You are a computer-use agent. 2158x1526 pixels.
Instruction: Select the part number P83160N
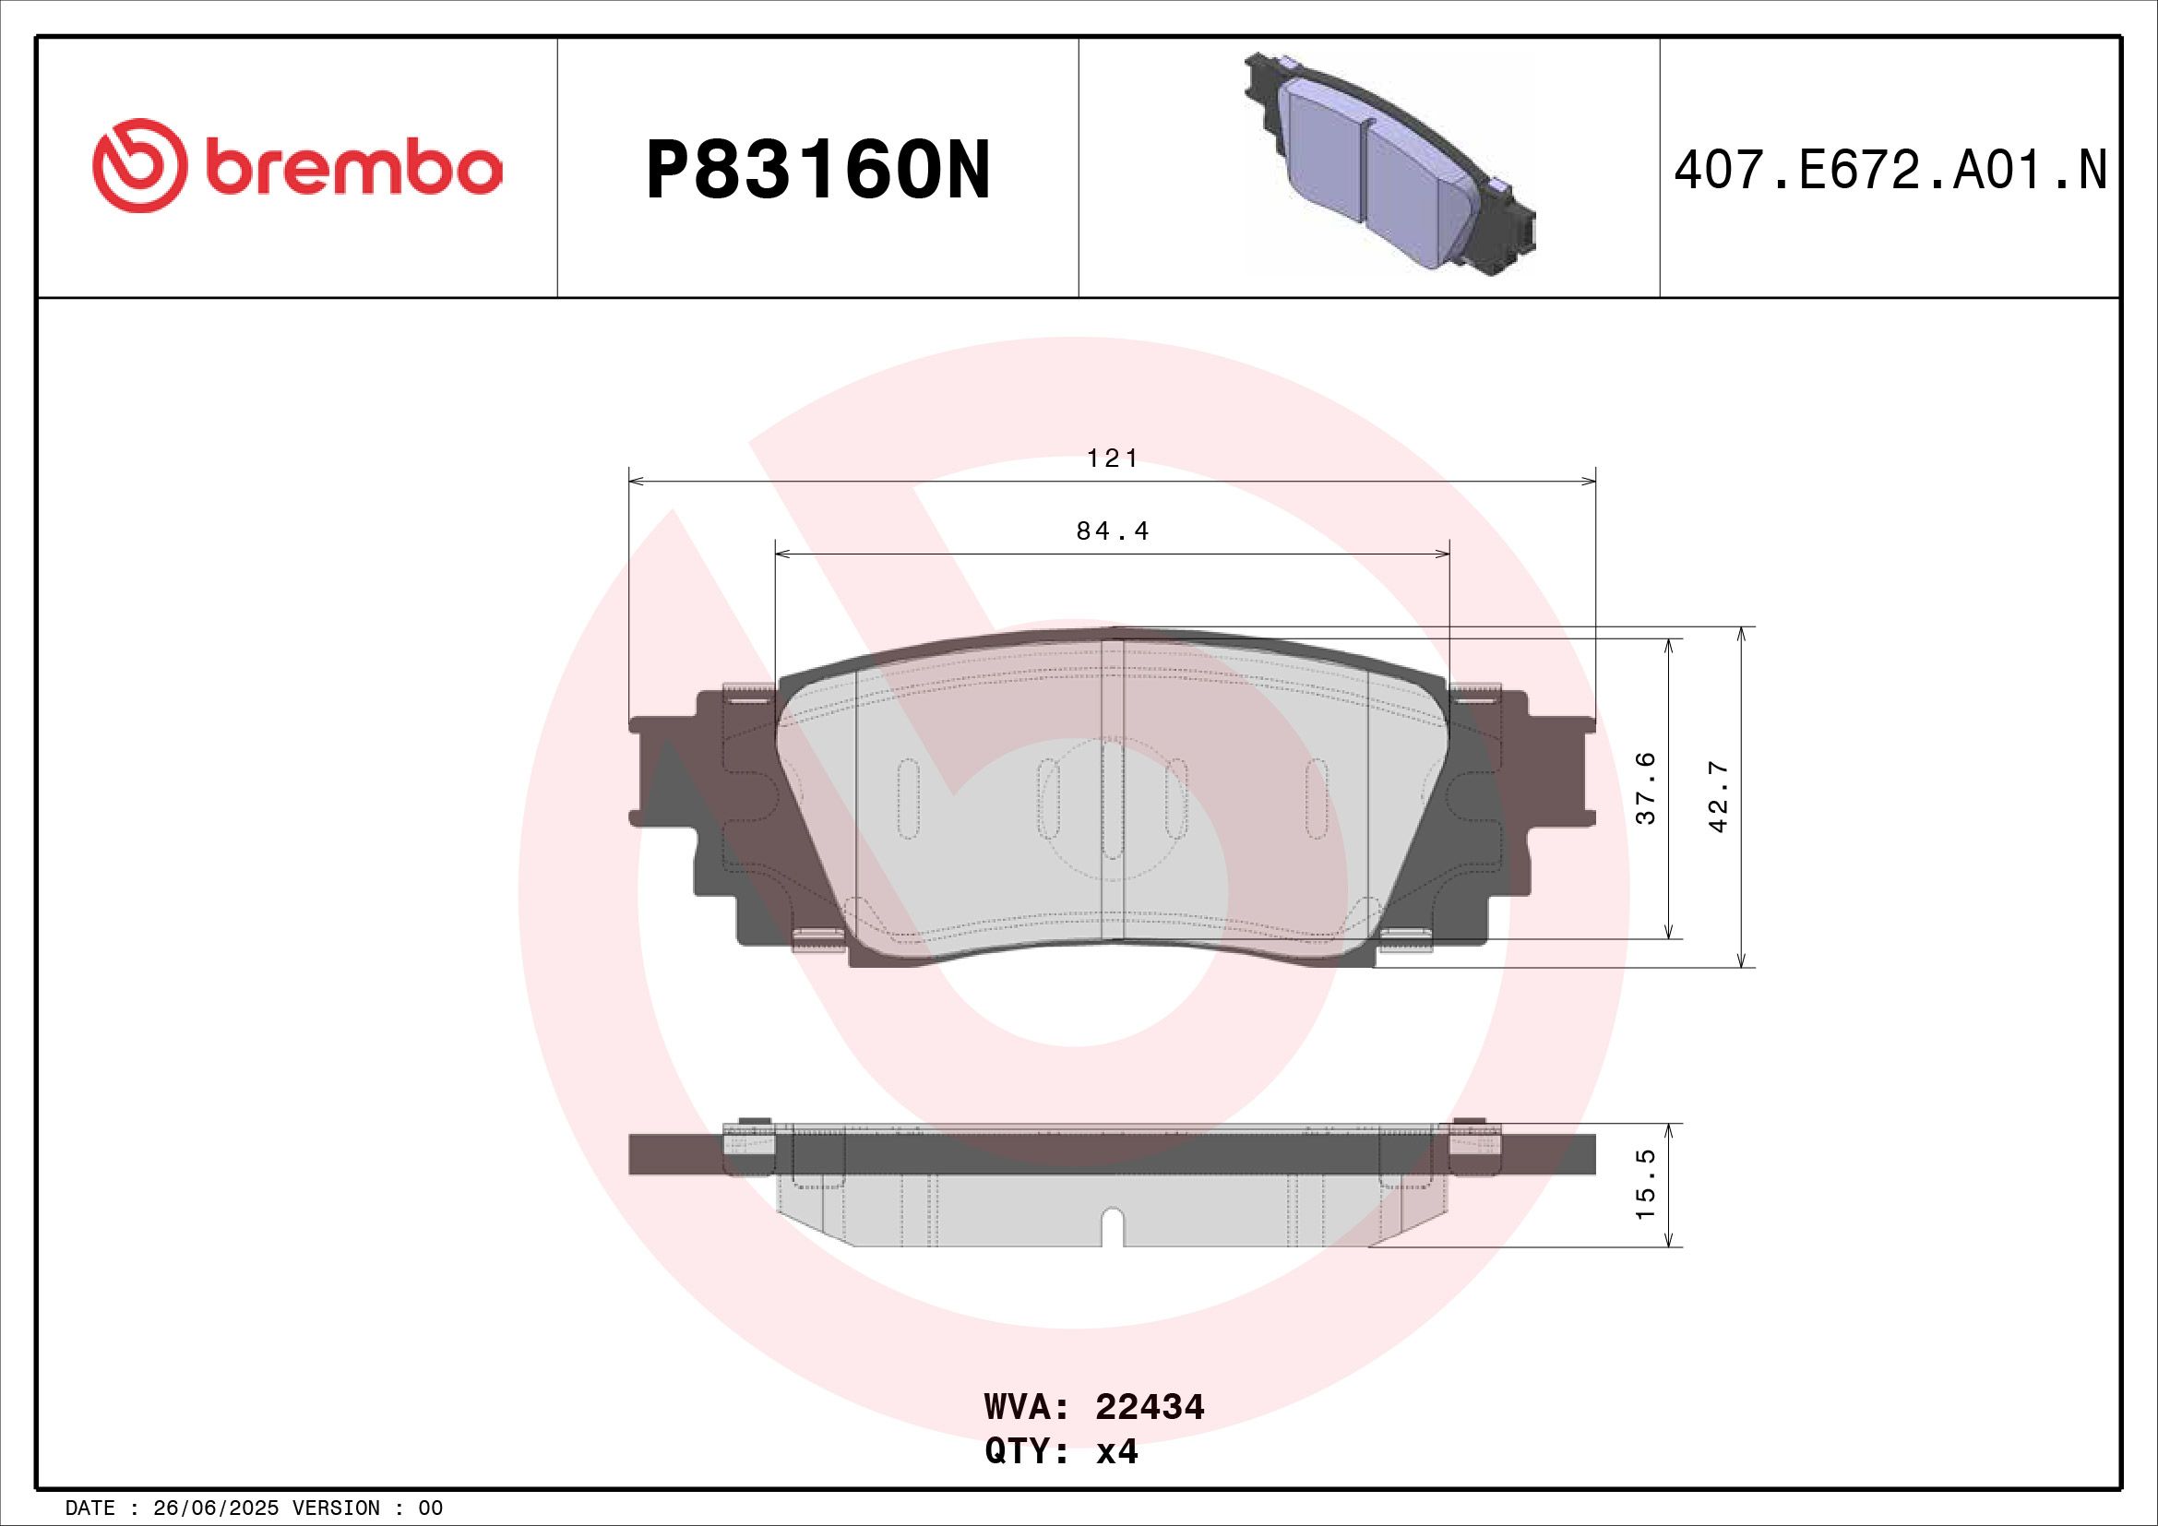818,170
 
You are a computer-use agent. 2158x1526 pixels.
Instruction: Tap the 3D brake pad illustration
1390,165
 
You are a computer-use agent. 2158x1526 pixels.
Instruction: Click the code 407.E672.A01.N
1890,171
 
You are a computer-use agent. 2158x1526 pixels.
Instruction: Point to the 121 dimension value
1113,458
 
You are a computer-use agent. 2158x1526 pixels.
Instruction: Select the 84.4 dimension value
1113,531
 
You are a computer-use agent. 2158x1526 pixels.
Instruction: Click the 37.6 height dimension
1646,787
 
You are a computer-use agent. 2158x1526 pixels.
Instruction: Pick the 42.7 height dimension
1719,796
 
